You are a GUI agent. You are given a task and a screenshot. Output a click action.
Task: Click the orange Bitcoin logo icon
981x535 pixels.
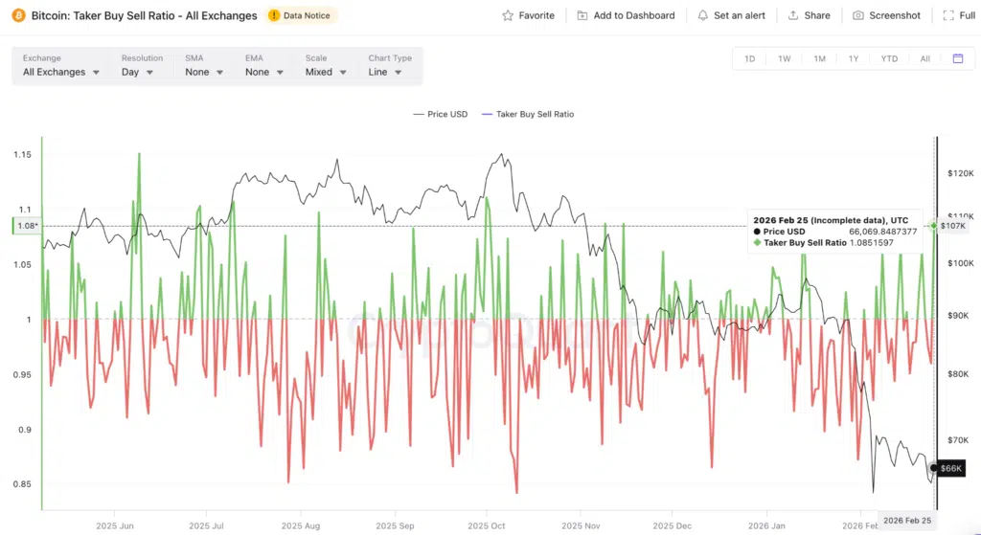[16, 15]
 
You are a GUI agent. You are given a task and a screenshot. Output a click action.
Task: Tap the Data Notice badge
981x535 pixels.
[302, 15]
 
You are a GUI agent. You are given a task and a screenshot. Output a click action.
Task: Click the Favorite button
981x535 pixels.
[528, 15]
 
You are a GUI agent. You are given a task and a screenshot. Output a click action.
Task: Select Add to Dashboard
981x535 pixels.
[626, 15]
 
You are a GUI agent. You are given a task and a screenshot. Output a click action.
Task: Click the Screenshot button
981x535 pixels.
[886, 15]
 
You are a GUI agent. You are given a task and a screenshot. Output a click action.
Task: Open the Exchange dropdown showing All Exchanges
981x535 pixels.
[61, 72]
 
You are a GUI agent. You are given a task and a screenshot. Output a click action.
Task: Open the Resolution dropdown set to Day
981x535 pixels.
[139, 72]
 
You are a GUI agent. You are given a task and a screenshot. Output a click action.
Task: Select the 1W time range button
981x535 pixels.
[784, 58]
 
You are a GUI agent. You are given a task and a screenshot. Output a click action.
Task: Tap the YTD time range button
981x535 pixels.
[889, 58]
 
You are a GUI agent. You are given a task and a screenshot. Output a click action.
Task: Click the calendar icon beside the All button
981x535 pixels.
[957, 58]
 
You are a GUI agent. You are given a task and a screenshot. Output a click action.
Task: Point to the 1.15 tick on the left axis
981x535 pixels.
[23, 154]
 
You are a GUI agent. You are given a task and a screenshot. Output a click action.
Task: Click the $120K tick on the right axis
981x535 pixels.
[959, 173]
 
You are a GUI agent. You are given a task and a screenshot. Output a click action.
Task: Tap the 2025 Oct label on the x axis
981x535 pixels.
[488, 525]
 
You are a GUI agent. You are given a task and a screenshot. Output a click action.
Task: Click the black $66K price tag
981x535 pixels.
[950, 468]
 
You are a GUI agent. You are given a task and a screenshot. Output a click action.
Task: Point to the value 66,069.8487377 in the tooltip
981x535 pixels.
[882, 232]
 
